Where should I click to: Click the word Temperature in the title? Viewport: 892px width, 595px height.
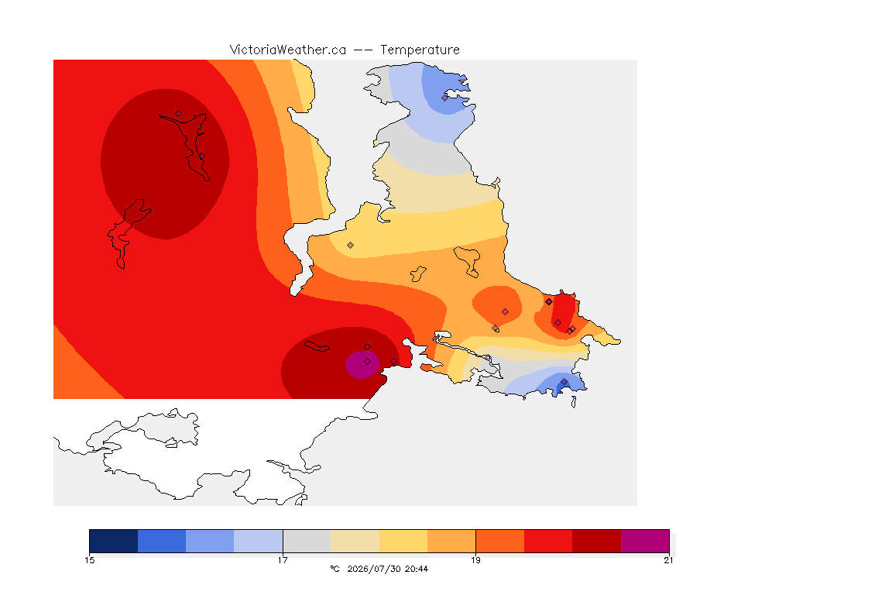tap(420, 50)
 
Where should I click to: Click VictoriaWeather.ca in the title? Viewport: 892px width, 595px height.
tap(288, 50)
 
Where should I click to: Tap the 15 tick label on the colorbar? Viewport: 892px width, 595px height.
tap(89, 560)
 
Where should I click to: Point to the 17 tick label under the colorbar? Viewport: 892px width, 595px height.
tap(283, 560)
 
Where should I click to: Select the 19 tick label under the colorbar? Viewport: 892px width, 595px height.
tap(475, 560)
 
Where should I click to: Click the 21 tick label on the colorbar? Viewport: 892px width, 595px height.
tap(668, 560)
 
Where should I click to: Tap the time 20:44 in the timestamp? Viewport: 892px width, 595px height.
tap(417, 569)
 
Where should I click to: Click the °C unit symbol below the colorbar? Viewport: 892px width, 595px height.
tap(335, 569)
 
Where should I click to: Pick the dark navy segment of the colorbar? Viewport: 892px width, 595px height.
tap(114, 541)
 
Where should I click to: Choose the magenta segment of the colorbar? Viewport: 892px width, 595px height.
tap(645, 541)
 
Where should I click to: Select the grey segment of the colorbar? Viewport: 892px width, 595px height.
tap(307, 541)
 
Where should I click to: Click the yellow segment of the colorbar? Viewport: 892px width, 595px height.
tap(403, 541)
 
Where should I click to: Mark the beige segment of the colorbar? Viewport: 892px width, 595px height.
tap(355, 541)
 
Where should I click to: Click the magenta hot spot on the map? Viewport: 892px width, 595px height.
tap(362, 365)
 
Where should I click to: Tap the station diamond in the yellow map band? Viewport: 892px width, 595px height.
tap(351, 246)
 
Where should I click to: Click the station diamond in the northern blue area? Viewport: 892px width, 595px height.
tap(445, 98)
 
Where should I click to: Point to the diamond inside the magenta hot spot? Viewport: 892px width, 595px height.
tap(368, 362)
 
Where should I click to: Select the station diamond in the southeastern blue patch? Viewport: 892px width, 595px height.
tap(564, 382)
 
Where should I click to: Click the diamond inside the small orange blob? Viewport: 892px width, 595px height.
tap(505, 312)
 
